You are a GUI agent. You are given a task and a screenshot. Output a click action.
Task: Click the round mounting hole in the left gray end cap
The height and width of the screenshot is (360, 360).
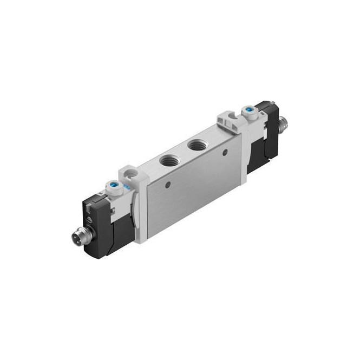click(129, 175)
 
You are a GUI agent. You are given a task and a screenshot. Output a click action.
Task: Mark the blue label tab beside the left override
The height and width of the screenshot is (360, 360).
click(126, 187)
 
